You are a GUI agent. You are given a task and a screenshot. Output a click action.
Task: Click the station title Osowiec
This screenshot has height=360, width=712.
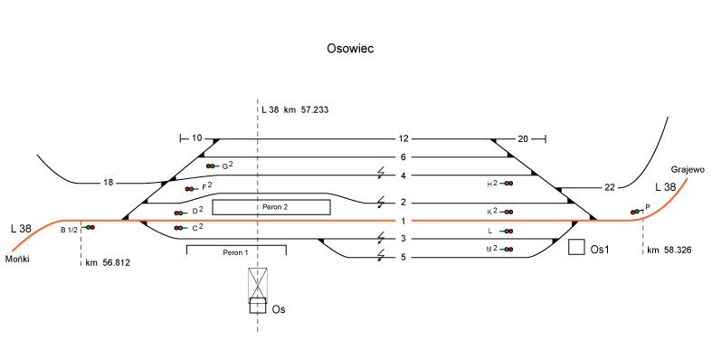click(350, 49)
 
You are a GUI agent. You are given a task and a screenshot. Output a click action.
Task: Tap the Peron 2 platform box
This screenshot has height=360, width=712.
click(271, 207)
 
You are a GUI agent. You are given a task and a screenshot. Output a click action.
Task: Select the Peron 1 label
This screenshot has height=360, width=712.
click(235, 252)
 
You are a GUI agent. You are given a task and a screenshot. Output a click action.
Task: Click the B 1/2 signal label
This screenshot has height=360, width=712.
click(70, 230)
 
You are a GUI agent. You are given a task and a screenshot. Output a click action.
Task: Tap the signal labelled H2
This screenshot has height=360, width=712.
click(507, 184)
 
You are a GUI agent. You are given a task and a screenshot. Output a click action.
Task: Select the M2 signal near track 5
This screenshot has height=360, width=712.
click(507, 250)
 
